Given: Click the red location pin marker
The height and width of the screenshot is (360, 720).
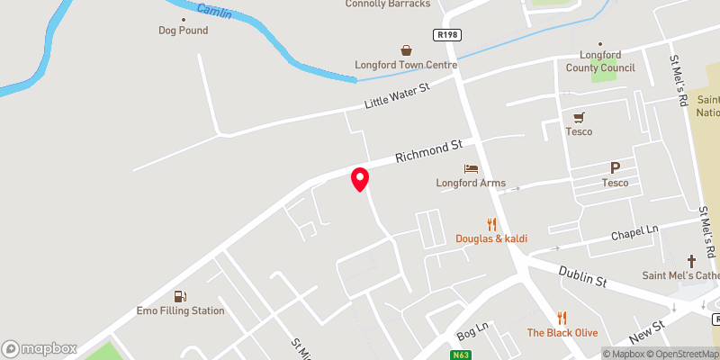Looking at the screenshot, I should click(x=360, y=179).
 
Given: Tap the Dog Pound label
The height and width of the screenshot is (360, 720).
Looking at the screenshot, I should click(x=183, y=30).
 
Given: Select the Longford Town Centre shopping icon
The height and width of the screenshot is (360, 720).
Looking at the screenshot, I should click(x=407, y=51).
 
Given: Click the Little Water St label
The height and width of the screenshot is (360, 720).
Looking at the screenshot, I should click(x=398, y=94).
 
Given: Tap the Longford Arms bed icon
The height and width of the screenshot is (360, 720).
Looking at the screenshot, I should click(x=470, y=168).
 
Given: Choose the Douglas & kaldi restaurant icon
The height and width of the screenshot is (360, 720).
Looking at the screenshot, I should click(x=491, y=224).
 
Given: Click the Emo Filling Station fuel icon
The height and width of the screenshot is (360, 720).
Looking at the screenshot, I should click(x=182, y=296).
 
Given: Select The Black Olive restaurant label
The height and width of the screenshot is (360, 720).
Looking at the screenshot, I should click(x=562, y=333).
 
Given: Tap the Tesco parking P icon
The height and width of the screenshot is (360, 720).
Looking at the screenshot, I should click(x=616, y=168).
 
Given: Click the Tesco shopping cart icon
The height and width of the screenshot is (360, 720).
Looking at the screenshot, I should click(x=579, y=117).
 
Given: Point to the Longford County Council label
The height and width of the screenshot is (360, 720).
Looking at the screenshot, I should click(x=600, y=61).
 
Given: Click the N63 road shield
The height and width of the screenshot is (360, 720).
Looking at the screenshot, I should click(x=460, y=355).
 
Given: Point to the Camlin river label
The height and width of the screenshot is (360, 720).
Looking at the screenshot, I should click(x=213, y=13).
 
